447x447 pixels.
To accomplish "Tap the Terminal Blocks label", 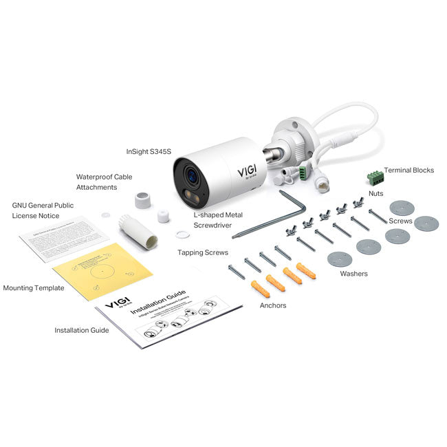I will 408,170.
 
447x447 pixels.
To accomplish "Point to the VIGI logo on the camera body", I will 246,170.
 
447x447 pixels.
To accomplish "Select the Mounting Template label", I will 34,288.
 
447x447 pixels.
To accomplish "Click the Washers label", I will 353,274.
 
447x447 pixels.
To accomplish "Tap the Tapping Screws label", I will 203,252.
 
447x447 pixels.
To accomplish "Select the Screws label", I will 400,221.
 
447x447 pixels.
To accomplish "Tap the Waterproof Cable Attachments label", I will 104,182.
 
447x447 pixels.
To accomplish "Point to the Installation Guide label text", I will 82,330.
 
